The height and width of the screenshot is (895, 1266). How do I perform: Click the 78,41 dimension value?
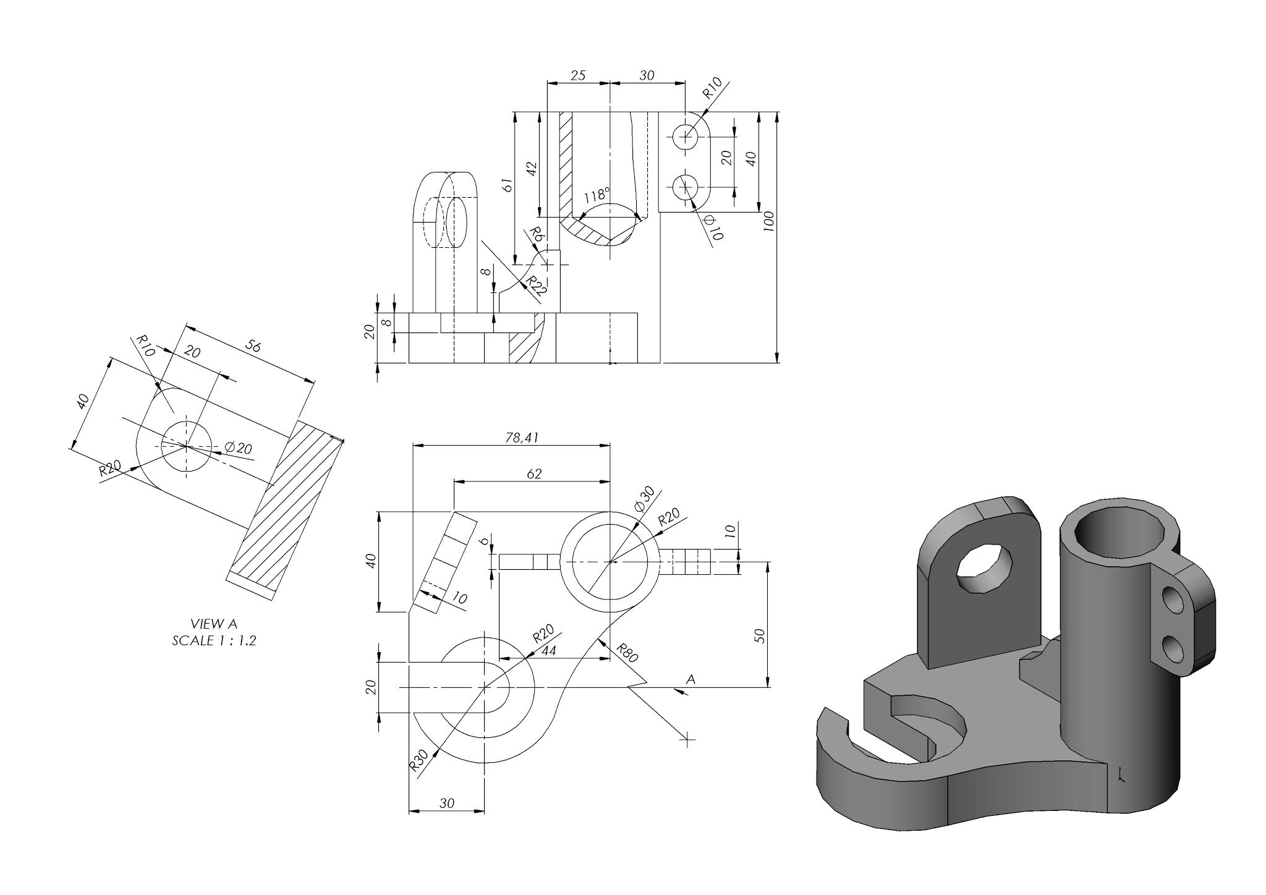522,438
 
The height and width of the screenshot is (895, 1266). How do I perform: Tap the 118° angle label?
597,196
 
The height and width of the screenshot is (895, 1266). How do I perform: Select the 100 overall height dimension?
768,221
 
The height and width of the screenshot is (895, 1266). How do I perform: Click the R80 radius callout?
626,652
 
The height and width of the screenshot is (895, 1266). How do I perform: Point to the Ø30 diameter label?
644,498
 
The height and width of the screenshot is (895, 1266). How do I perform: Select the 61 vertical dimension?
507,185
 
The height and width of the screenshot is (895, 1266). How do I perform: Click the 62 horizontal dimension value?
533,473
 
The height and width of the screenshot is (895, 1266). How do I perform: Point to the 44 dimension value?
548,650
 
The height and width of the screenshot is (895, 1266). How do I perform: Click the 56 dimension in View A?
253,346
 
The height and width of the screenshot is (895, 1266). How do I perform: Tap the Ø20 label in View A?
239,448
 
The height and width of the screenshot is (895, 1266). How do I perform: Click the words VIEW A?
214,624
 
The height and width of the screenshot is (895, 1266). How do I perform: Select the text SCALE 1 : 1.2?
214,640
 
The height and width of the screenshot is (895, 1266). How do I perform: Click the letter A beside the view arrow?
691,679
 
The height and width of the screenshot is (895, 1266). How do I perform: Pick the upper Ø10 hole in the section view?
685,135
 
